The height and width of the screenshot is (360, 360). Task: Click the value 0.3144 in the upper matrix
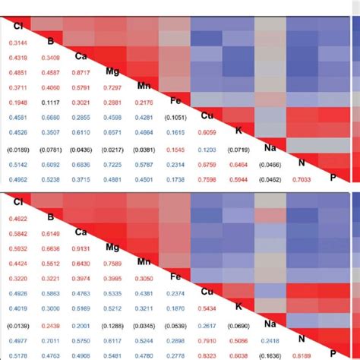tap(18, 42)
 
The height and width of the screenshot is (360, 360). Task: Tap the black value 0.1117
tap(50, 102)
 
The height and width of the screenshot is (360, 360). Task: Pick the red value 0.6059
tap(206, 131)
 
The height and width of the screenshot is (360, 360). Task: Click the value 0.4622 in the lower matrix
tap(18, 219)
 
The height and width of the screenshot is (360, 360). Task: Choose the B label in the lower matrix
tap(50, 217)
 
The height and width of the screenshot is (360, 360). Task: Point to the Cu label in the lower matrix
tap(205, 292)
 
